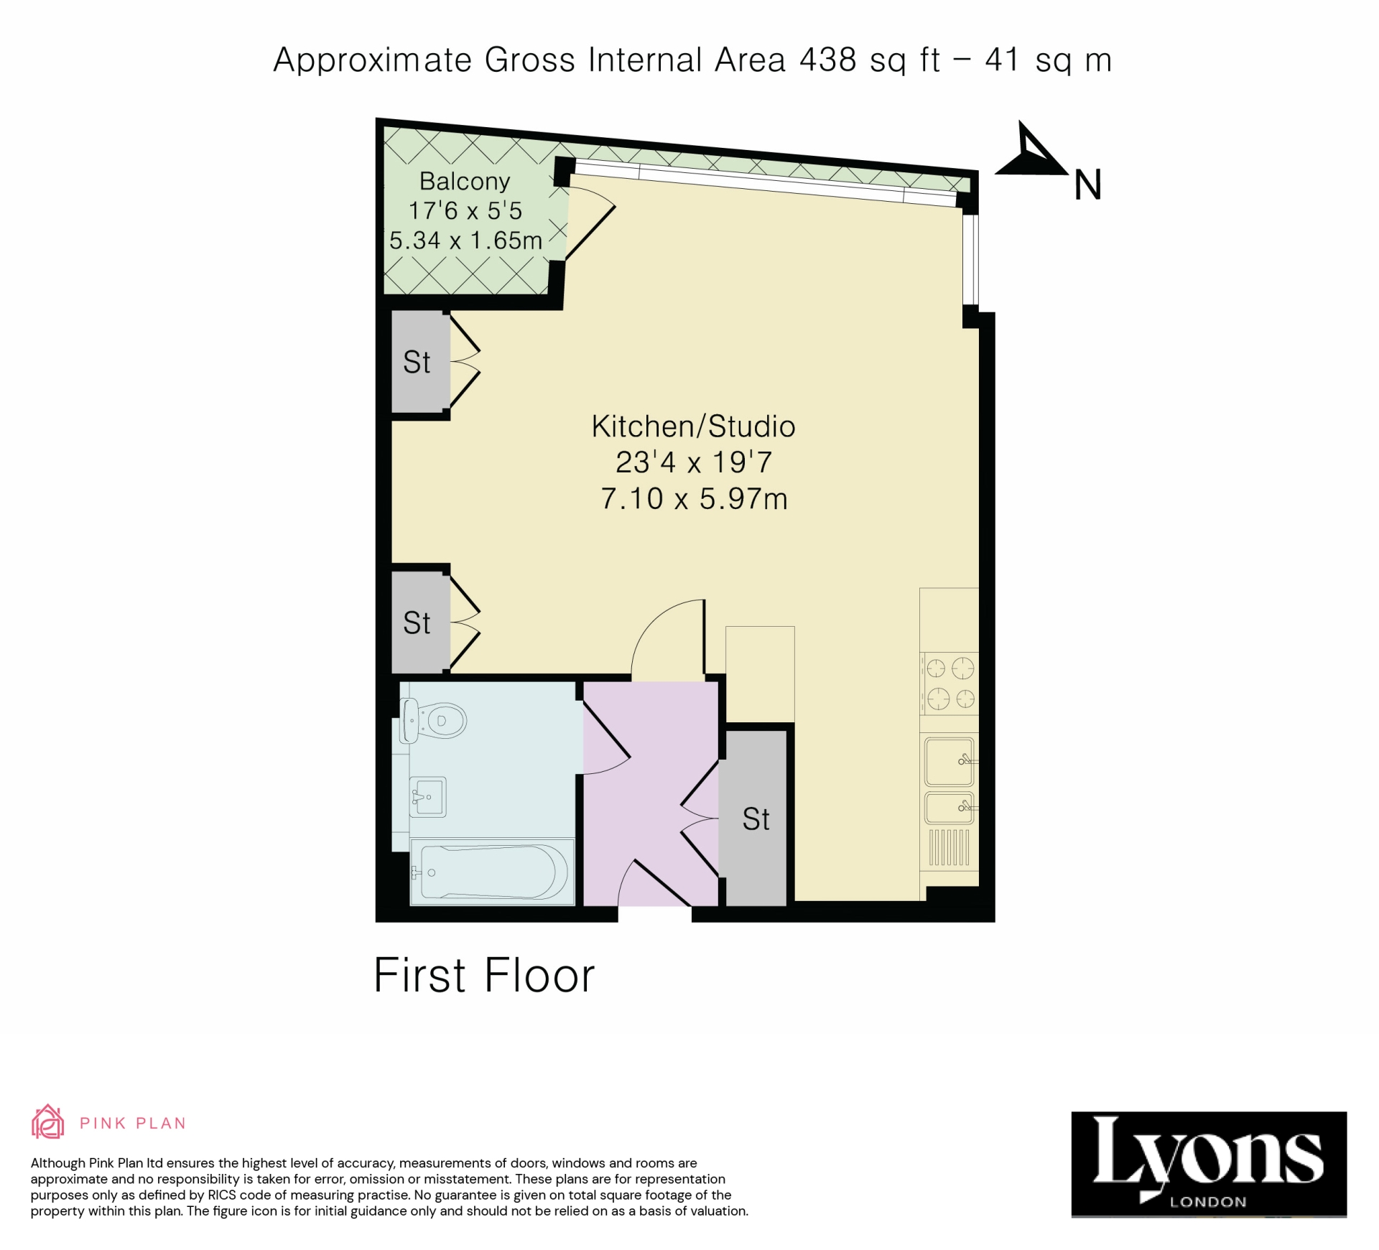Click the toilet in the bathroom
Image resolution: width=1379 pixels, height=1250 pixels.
click(x=435, y=720)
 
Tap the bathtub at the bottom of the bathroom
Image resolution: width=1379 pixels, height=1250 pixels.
click(x=493, y=872)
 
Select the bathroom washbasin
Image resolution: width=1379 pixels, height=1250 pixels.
click(x=428, y=796)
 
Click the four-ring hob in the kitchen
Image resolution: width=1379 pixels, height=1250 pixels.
click(x=949, y=683)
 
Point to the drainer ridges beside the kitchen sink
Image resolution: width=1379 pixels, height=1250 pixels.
click(x=949, y=847)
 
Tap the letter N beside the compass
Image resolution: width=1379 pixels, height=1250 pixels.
click(x=1087, y=185)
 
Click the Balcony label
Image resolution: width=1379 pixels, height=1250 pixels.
click(x=465, y=181)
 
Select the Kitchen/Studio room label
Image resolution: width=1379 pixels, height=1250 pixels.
click(x=693, y=426)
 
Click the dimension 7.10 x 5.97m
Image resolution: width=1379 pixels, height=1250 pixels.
click(x=694, y=499)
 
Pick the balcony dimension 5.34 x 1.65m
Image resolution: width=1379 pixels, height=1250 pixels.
click(x=465, y=240)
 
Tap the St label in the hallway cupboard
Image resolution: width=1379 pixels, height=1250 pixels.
click(x=756, y=819)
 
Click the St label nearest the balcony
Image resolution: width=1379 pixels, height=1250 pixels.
click(x=417, y=362)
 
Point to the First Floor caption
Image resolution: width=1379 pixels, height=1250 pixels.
click(x=484, y=975)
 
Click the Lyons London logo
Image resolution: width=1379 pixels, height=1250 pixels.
click(x=1208, y=1165)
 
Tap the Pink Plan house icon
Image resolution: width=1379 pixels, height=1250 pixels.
click(x=47, y=1121)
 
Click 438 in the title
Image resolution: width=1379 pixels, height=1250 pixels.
click(x=827, y=60)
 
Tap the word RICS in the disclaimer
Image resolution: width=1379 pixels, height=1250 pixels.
click(x=223, y=1195)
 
